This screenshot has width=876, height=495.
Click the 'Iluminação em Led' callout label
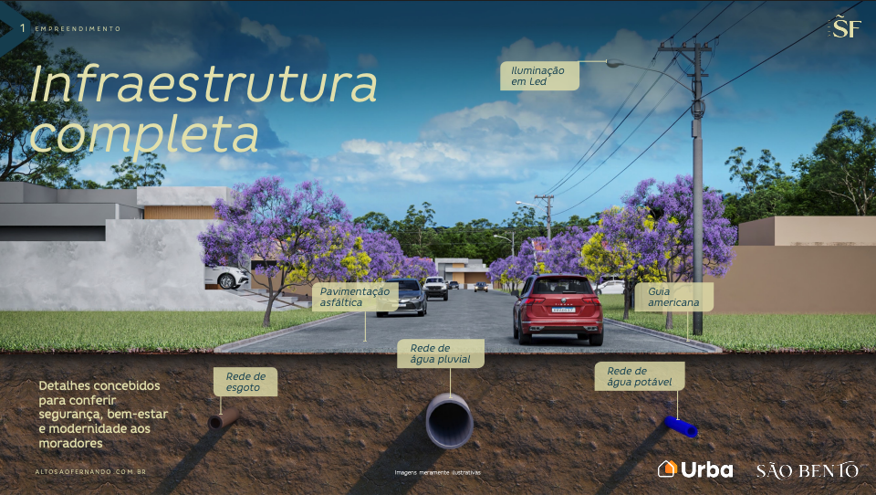point(539,76)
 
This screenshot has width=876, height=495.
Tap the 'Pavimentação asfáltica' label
point(355,297)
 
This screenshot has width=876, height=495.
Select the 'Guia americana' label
point(673,297)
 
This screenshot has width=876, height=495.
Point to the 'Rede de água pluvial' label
point(440,353)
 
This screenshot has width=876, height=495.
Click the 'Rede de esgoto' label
point(245,382)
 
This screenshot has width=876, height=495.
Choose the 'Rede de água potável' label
point(639,376)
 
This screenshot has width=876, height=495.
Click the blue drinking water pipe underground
point(681,427)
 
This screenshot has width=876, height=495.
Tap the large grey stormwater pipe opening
point(450,421)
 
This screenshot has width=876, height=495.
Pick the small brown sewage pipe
point(223,418)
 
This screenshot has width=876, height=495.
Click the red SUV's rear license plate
point(563,310)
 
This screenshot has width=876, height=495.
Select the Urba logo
point(695,469)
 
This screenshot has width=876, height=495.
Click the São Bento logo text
point(808,470)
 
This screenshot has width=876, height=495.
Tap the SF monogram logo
point(846,26)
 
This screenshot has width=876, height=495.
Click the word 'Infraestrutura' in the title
point(203,84)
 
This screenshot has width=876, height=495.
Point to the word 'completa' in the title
point(144,134)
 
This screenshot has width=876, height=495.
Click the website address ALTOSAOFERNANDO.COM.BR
point(90,472)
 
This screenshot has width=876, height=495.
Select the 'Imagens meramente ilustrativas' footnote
point(437,473)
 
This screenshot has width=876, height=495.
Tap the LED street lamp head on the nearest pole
point(614,64)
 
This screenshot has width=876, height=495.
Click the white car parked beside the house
point(227,277)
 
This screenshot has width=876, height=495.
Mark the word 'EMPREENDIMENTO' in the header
point(78,28)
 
